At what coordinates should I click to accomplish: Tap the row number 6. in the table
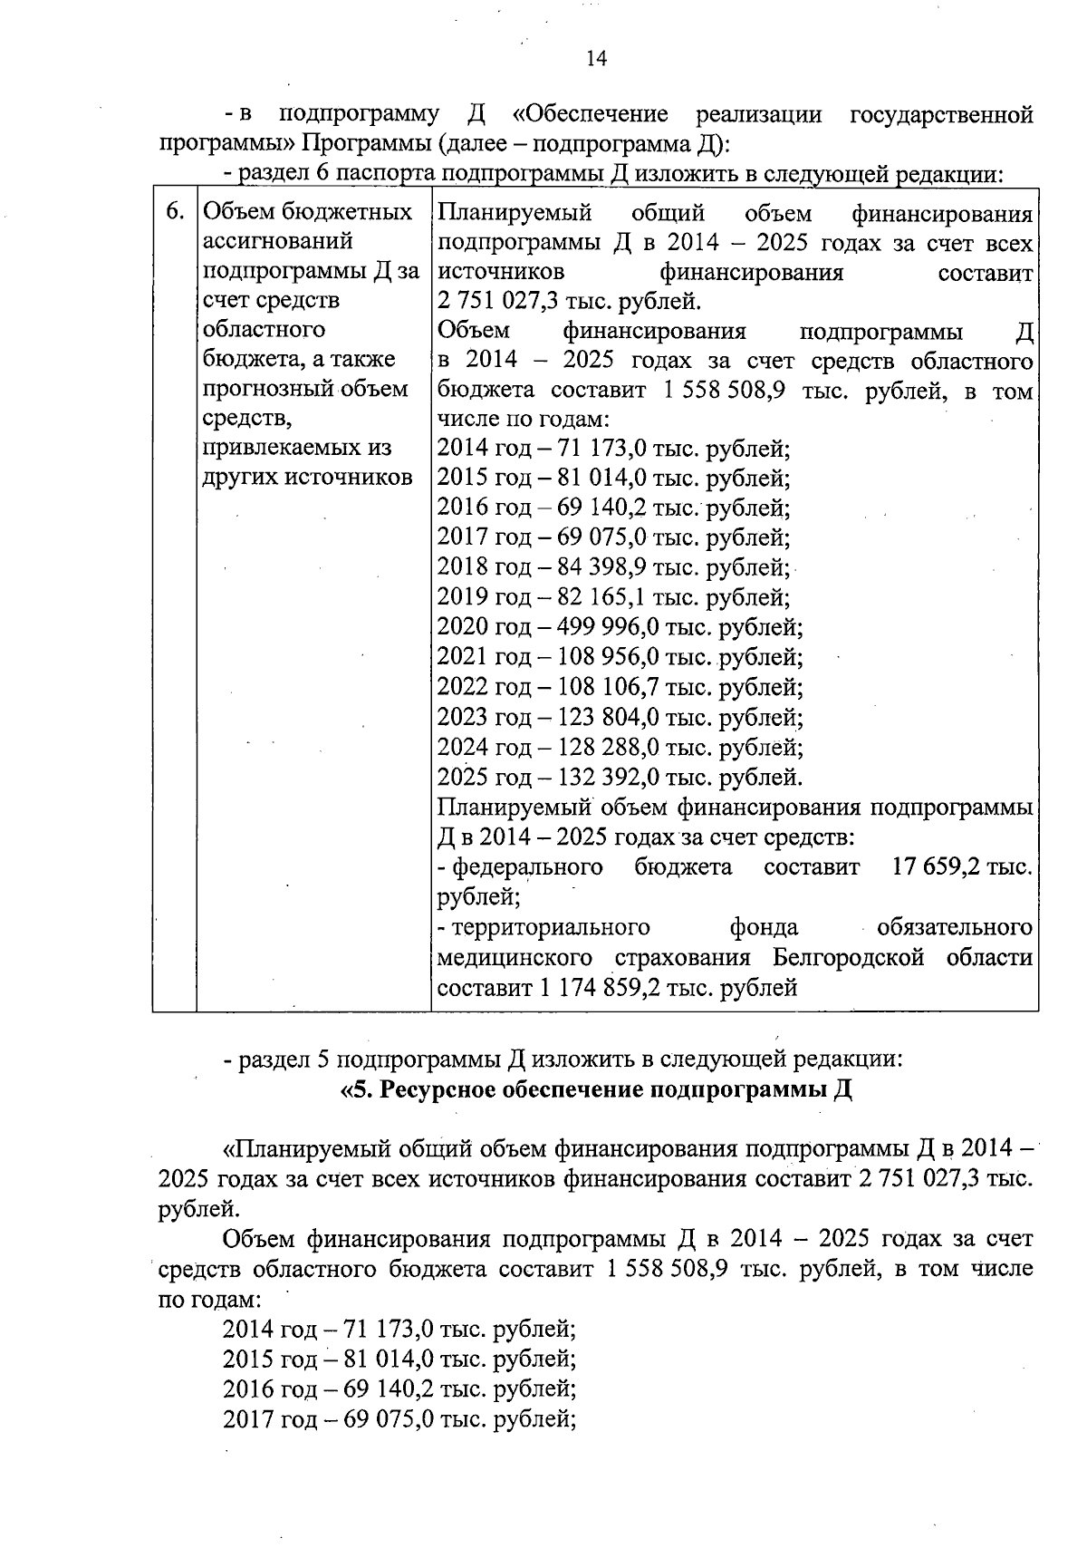[175, 212]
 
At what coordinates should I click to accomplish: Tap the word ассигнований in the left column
[278, 242]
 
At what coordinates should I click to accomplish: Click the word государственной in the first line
[941, 115]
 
